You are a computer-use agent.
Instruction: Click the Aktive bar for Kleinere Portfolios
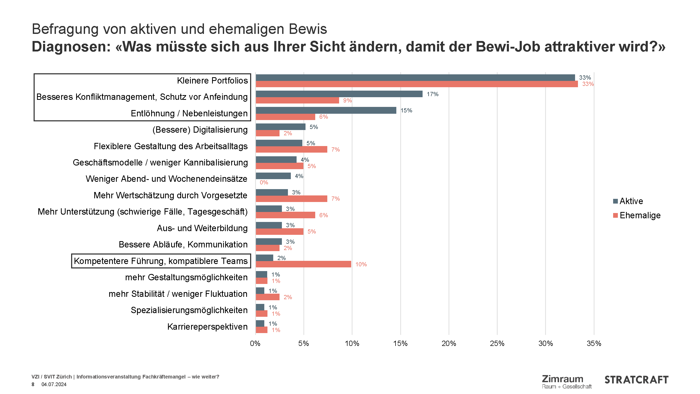pyautogui.click(x=415, y=77)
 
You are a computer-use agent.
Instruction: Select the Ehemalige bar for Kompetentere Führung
pyautogui.click(x=303, y=264)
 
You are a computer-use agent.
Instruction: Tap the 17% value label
pyautogui.click(x=432, y=94)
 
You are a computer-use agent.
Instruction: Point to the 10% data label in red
pyautogui.click(x=361, y=264)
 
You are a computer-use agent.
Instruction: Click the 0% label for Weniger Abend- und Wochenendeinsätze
pyautogui.click(x=264, y=183)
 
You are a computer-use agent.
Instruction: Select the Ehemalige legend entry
pyautogui.click(x=637, y=215)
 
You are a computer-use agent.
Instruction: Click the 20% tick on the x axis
pyautogui.click(x=449, y=343)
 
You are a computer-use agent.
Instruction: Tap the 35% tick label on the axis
pyautogui.click(x=594, y=343)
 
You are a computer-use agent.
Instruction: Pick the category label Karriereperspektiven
pyautogui.click(x=207, y=326)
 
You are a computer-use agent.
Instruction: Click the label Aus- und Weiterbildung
pyautogui.click(x=202, y=228)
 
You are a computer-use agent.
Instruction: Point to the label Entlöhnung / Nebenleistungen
pyautogui.click(x=189, y=113)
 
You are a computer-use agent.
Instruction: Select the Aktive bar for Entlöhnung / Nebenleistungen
pyautogui.click(x=326, y=110)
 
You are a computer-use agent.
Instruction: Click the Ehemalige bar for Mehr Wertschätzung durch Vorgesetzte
pyautogui.click(x=291, y=199)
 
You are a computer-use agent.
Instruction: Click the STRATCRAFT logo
pyautogui.click(x=636, y=380)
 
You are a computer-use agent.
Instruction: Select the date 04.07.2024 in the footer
pyautogui.click(x=54, y=384)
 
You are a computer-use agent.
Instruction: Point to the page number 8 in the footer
pyautogui.click(x=33, y=384)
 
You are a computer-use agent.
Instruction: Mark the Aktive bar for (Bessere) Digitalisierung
pyautogui.click(x=280, y=127)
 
